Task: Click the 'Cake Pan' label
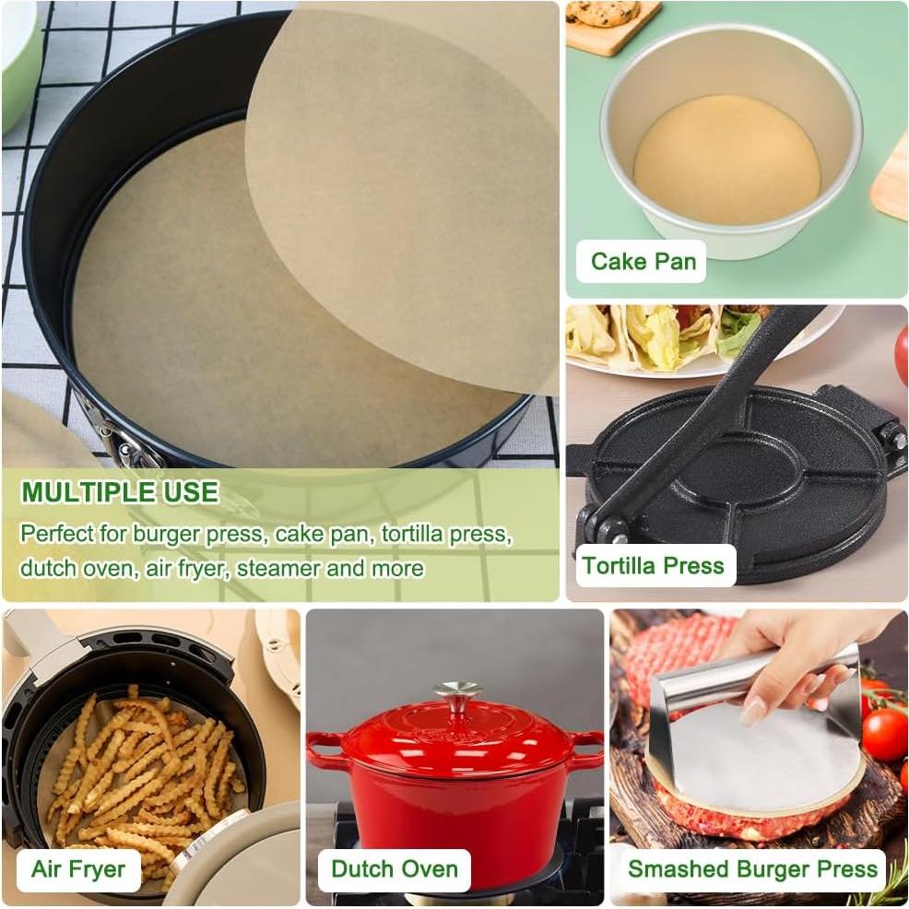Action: coord(643,261)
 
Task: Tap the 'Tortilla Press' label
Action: coord(653,565)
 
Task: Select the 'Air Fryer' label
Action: coord(78,869)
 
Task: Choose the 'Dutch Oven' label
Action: coord(395,869)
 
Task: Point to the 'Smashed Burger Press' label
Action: coord(752,869)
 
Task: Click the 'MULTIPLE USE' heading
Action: coord(120,492)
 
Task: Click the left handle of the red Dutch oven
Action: coord(325,745)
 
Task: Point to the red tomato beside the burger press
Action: coord(884,733)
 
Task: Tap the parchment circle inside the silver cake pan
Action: coord(726,158)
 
